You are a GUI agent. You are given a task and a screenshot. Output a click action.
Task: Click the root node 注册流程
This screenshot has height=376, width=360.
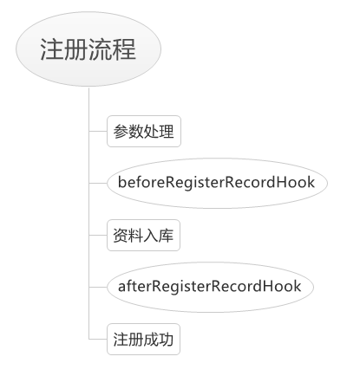tap(88, 49)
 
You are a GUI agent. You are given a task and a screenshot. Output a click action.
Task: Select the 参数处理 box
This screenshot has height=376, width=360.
tap(144, 132)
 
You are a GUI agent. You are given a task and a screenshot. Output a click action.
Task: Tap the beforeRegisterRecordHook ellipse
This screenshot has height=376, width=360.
tap(217, 183)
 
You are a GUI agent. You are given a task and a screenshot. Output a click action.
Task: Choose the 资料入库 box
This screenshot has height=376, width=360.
tap(143, 236)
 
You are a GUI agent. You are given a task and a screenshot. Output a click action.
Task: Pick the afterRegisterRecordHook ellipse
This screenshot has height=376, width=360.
tap(210, 287)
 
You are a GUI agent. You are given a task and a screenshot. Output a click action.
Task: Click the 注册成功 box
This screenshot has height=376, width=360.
tap(143, 340)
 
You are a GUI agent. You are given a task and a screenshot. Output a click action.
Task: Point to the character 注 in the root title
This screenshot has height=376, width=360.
tap(52, 49)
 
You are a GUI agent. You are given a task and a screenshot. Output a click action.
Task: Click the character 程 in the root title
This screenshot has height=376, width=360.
tap(124, 49)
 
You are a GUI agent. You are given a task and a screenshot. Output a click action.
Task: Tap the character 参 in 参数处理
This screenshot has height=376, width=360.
tap(121, 132)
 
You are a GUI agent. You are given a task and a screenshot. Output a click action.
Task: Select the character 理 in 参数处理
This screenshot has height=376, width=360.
tap(167, 132)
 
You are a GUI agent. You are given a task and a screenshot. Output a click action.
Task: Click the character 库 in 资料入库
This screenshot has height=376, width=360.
tap(166, 236)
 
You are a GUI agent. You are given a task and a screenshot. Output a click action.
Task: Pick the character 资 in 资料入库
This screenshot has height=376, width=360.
tap(121, 236)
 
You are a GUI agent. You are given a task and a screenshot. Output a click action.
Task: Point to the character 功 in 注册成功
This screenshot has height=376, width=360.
tap(166, 340)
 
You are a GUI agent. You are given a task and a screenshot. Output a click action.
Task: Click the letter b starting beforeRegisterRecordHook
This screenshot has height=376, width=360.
tap(122, 182)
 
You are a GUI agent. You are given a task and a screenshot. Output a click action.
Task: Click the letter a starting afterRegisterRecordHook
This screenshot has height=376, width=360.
tap(121, 288)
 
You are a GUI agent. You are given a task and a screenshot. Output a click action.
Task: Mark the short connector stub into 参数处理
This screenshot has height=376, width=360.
tap(98, 131)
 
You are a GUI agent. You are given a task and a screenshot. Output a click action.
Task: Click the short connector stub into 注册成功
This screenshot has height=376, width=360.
tap(98, 339)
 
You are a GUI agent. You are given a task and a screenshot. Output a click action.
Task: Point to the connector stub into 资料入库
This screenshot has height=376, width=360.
tap(98, 235)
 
